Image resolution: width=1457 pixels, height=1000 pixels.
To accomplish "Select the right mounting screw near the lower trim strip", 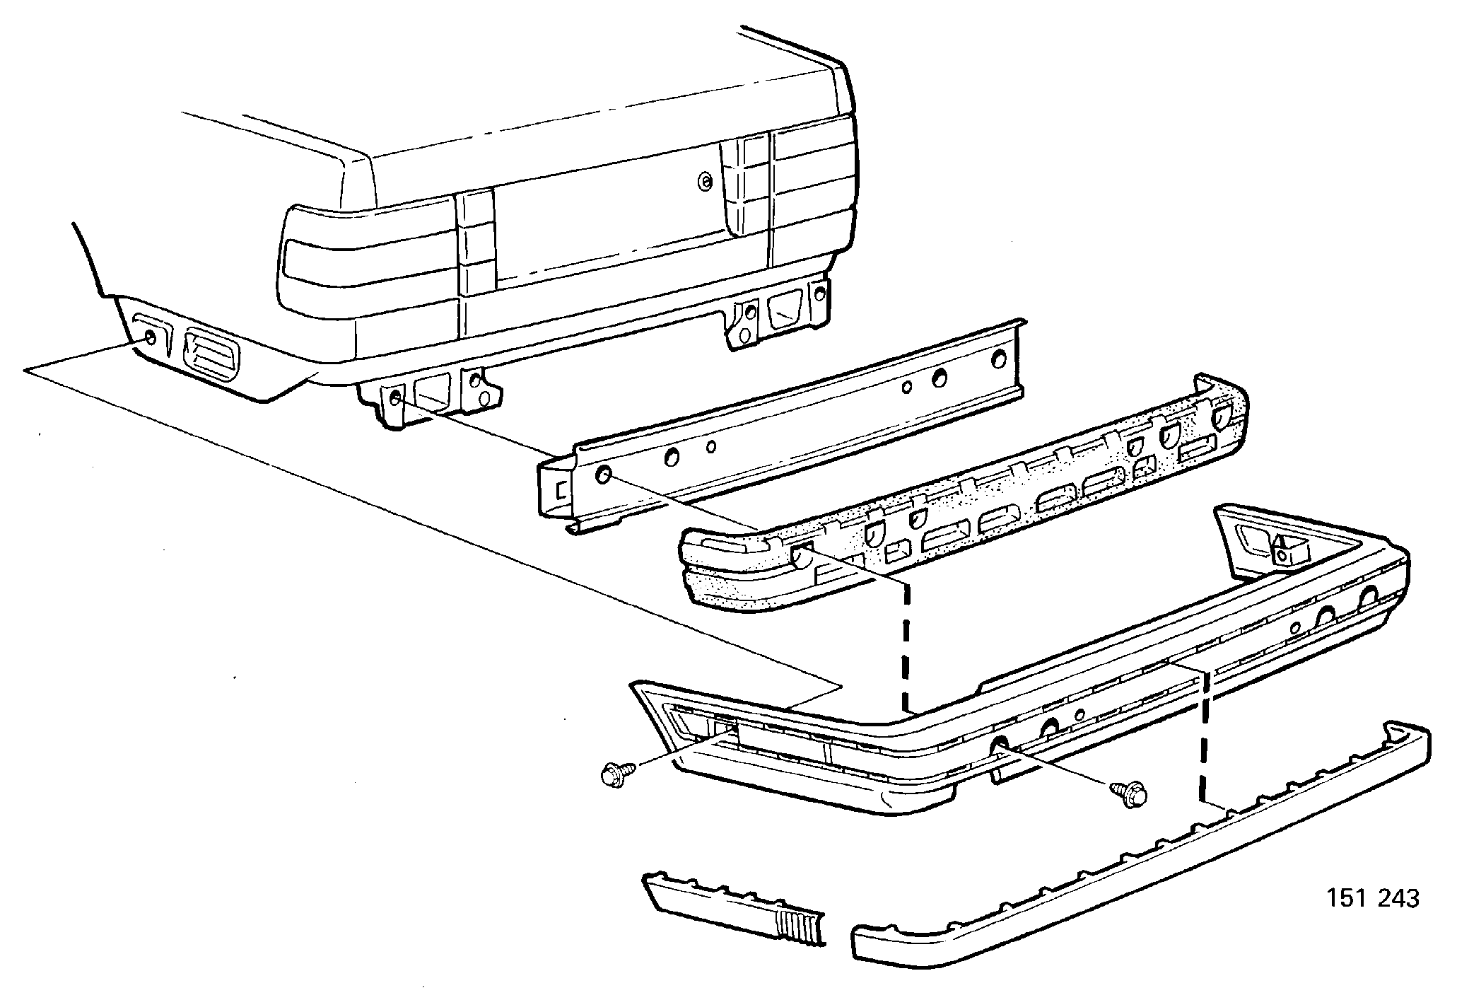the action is [1129, 794].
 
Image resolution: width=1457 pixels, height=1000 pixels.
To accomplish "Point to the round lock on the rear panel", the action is [705, 181].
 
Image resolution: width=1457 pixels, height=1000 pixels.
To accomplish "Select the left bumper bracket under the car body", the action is [431, 400].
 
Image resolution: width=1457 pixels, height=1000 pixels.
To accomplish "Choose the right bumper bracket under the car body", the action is [778, 315].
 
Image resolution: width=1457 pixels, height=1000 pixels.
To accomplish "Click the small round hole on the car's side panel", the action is [151, 338].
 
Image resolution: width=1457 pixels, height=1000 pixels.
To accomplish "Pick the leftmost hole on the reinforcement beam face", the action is [604, 475].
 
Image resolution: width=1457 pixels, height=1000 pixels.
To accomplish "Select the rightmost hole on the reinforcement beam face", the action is [999, 359].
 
